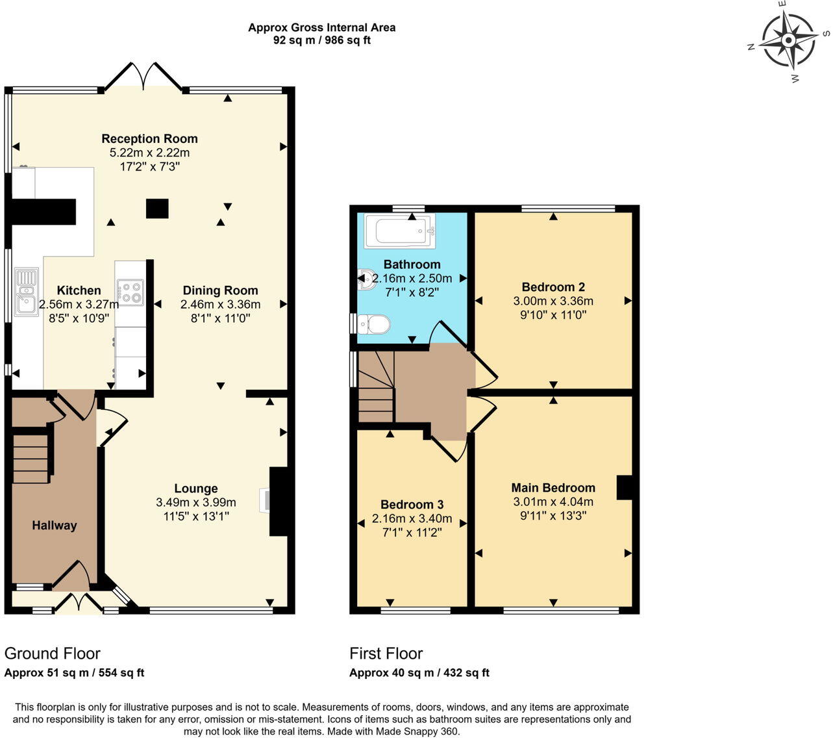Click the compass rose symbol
tap(788, 40)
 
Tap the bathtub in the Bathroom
tap(400, 231)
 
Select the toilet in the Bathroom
tap(373, 325)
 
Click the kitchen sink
tap(27, 292)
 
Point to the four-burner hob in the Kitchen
tap(131, 292)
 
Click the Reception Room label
tap(150, 138)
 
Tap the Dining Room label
tap(220, 290)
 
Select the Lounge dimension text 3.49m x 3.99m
tap(195, 502)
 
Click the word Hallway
tap(55, 526)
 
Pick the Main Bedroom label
tap(553, 488)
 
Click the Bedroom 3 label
tap(412, 504)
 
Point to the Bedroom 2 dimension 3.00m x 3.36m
tap(553, 301)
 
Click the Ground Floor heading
tap(52, 654)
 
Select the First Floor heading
tap(386, 654)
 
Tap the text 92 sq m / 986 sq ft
tap(322, 40)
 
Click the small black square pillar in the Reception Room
tap(157, 209)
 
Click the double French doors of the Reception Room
tap(143, 77)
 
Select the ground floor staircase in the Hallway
tap(31, 458)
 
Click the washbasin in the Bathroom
tap(367, 280)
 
